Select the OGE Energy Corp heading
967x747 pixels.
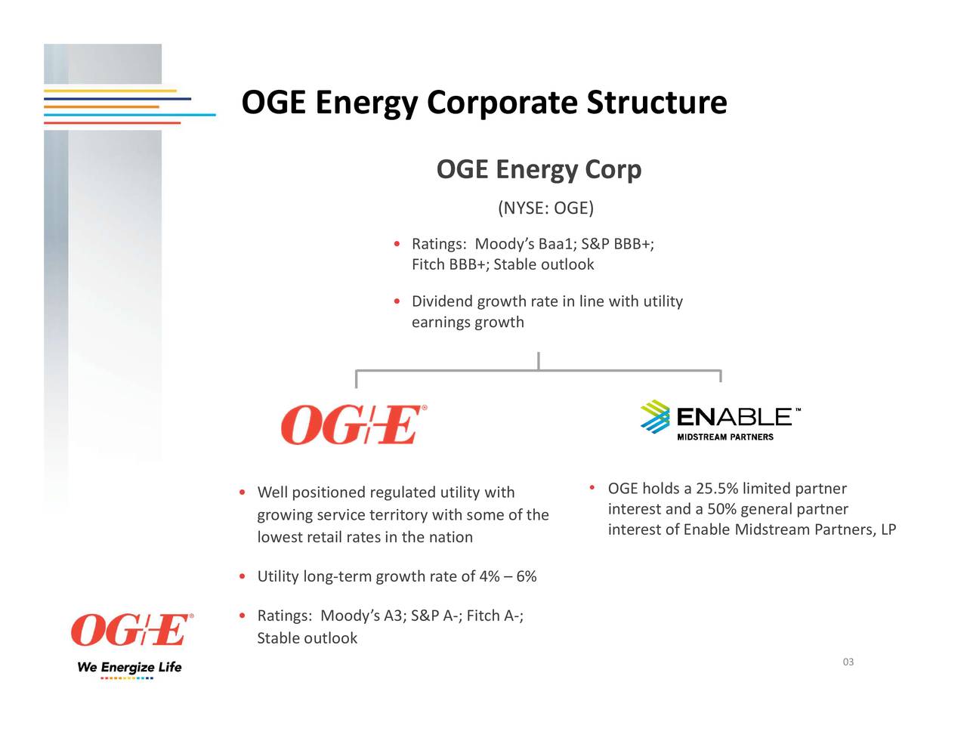(x=539, y=169)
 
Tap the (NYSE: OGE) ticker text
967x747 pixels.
(x=545, y=208)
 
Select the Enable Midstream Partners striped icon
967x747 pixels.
(x=655, y=417)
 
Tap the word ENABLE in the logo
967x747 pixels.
(x=733, y=417)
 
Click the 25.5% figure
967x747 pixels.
(x=716, y=489)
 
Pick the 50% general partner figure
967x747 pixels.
(x=721, y=509)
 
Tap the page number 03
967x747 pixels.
(x=848, y=662)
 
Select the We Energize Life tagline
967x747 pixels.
(x=129, y=667)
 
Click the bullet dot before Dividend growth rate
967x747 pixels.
(x=397, y=302)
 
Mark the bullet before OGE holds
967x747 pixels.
(x=593, y=488)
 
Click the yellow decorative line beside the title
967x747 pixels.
(x=110, y=91)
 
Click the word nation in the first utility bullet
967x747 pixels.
(x=453, y=538)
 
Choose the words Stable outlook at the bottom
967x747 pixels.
(x=307, y=638)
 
